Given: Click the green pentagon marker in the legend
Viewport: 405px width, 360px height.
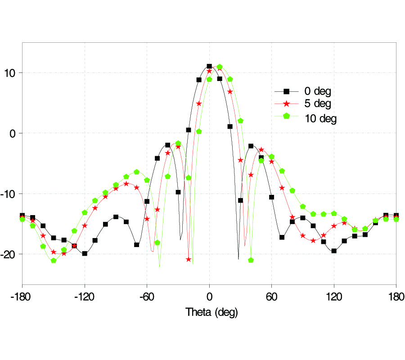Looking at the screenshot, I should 286,116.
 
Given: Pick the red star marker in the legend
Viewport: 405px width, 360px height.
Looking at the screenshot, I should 286,103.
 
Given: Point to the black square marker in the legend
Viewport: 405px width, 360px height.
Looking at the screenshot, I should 286,91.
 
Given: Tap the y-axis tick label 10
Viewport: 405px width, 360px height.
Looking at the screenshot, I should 13,73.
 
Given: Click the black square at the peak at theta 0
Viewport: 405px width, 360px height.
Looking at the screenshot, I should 209,67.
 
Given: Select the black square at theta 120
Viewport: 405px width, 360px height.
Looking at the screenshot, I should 334,251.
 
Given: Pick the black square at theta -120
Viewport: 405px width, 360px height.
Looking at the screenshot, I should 85,253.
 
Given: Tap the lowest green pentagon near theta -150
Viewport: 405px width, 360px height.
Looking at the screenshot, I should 54,261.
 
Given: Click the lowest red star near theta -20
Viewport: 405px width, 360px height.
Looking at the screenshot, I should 189,259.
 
